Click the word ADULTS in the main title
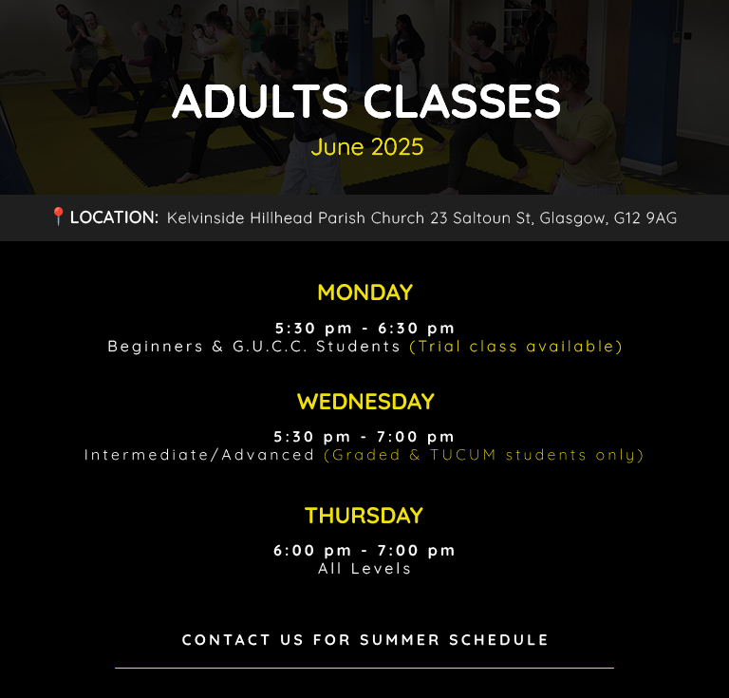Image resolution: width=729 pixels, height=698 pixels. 260,102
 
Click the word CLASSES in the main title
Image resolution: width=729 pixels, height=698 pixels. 461,102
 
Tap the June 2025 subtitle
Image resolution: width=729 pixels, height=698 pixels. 367,147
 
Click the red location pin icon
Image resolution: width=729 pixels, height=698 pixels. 58,217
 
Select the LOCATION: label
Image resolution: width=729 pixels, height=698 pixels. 114,217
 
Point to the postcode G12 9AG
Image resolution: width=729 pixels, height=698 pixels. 645,217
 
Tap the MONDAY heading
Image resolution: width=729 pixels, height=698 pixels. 364,292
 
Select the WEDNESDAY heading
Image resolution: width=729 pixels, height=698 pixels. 365,402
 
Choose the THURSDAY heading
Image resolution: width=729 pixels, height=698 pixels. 364,516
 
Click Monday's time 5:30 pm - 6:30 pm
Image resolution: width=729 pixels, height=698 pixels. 364,329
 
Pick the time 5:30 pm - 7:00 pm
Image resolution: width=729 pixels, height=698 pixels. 364,437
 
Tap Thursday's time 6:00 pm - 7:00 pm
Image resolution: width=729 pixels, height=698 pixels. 364,551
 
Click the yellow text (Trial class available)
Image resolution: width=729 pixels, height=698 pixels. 515,347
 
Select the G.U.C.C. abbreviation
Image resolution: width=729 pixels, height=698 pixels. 270,347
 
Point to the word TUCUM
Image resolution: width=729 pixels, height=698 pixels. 462,455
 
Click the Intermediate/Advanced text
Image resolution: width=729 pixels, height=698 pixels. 199,455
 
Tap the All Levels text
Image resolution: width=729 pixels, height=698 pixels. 364,568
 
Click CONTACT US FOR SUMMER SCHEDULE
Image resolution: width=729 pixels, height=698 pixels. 364,640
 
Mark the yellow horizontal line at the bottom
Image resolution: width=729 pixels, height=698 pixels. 364,668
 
